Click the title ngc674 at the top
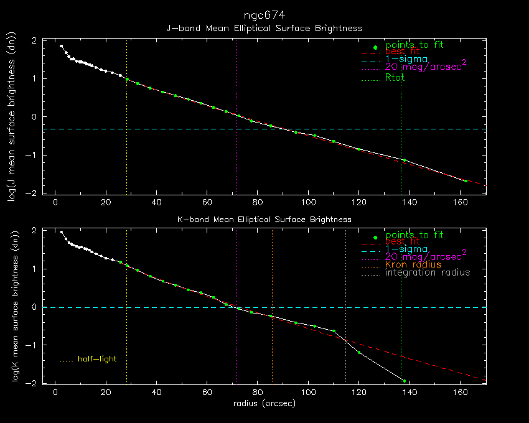264,14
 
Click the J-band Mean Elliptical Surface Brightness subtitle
264,28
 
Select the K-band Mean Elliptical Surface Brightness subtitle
264,219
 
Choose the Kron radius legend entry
413,265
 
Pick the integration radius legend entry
428,272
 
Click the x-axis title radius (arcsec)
264,403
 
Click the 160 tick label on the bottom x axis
460,393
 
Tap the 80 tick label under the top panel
258,202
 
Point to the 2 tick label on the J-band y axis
35,40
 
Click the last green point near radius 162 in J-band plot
466,181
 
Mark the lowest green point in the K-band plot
405,381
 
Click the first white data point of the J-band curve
61,45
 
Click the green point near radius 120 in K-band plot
359,353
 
